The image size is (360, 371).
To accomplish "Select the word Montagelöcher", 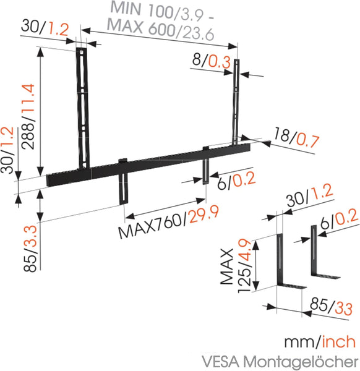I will [x=301, y=360].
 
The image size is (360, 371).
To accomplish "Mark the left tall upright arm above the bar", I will [x=83, y=105].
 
